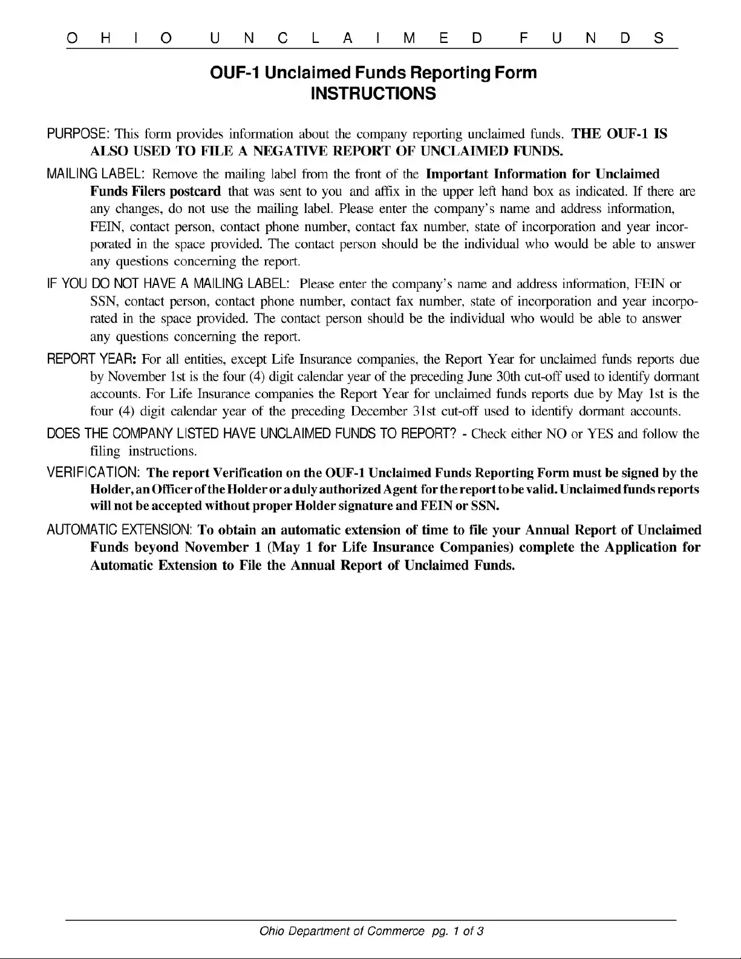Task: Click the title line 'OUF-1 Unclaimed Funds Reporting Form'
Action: click(x=373, y=73)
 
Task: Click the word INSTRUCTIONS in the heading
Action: click(x=373, y=94)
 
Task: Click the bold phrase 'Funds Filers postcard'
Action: click(x=155, y=192)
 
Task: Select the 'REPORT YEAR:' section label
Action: click(x=91, y=359)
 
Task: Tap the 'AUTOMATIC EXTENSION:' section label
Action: click(x=120, y=530)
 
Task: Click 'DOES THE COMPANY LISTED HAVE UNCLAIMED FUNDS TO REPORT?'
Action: click(x=251, y=434)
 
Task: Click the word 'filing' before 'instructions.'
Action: click(x=105, y=451)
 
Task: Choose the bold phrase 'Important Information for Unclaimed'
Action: click(x=543, y=174)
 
